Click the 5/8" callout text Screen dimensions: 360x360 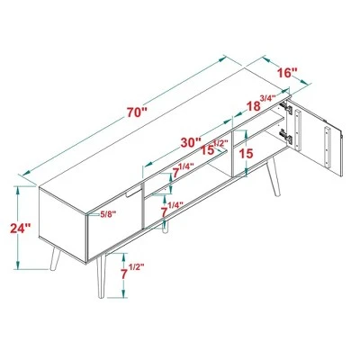pos(107,213)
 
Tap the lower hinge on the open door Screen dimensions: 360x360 pos(288,138)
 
